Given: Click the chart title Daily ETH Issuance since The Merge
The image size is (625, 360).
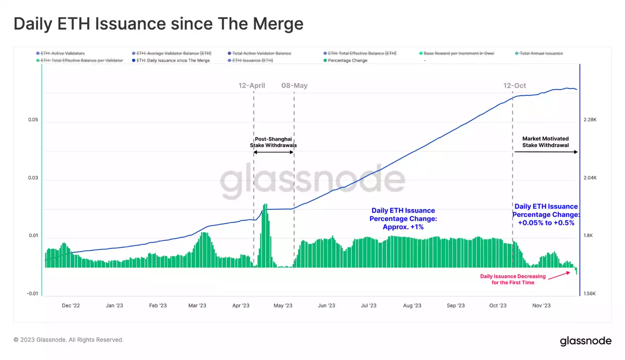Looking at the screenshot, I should coord(158,24).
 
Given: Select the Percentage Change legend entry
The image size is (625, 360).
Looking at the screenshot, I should coord(347,60).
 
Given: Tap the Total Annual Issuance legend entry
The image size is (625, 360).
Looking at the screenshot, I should coord(541,54).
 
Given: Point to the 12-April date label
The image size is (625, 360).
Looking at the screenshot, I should coord(252,85).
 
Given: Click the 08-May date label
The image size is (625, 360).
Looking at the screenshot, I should coord(294,85).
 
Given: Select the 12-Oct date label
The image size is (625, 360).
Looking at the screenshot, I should coord(514,85).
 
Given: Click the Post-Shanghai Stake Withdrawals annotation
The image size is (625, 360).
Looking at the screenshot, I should coord(273,142).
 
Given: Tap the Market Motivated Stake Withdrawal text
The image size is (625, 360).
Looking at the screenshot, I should coord(545,142).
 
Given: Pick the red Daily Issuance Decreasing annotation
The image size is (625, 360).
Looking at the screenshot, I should coord(513,279).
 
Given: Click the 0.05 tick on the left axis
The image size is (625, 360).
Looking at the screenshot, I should coord(33,120).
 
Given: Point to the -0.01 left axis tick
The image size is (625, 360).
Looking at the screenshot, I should coord(32,294).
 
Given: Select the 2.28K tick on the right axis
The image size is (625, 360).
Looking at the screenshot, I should coord(590,120).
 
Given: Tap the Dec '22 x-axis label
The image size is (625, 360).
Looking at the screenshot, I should coord(71,306).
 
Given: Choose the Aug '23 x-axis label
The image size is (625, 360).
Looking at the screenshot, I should coord(412,306).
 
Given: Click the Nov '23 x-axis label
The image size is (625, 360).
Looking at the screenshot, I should coord(541,306).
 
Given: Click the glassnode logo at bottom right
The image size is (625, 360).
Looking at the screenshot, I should coord(586,341).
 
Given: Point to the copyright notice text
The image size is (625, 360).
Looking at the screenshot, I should coord(68,340).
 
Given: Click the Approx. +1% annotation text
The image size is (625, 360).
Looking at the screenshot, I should coord(403,227).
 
